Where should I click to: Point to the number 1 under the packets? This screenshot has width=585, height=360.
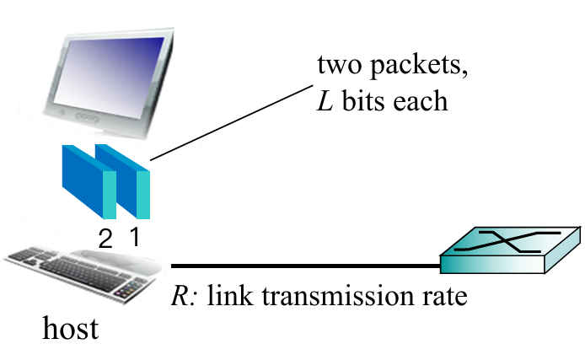pyautogui.click(x=134, y=237)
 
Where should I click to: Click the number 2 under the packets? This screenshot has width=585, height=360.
pyautogui.click(x=105, y=239)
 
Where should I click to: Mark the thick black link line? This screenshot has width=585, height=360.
pyautogui.click(x=303, y=266)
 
